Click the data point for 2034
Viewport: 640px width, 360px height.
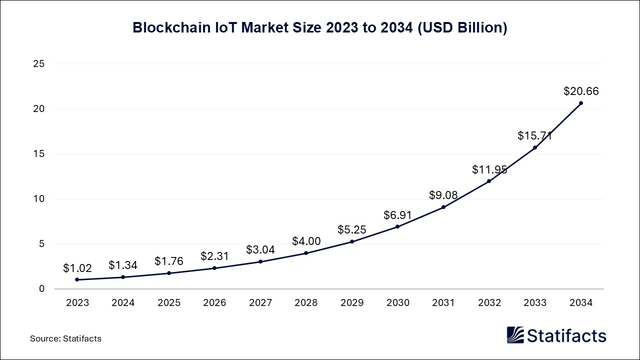pyautogui.click(x=580, y=103)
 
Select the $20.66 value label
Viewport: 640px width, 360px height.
pyautogui.click(x=580, y=91)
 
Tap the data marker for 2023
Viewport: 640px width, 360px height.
pyautogui.click(x=77, y=279)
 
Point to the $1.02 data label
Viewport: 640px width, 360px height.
pyautogui.click(x=77, y=268)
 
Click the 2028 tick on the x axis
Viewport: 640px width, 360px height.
pyautogui.click(x=306, y=302)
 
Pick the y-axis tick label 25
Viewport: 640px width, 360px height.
pyautogui.click(x=39, y=64)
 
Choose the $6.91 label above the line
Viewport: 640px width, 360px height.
pyautogui.click(x=397, y=215)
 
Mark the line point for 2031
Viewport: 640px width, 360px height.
pyautogui.click(x=443, y=207)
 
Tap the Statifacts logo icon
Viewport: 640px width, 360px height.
pyautogui.click(x=515, y=335)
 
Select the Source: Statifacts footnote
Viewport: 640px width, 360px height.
pyautogui.click(x=65, y=338)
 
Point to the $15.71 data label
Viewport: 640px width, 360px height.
pyautogui.click(x=535, y=136)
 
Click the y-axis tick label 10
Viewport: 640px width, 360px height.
pyautogui.click(x=39, y=199)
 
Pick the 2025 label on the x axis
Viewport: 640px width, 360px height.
pyautogui.click(x=168, y=302)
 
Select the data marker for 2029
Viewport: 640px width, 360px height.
pyautogui.click(x=352, y=241)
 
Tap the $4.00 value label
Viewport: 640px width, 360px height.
pyautogui.click(x=306, y=241)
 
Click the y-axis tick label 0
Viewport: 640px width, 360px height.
pyautogui.click(x=42, y=289)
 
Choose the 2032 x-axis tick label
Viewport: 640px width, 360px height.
pyautogui.click(x=489, y=302)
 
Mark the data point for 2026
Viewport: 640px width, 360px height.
pyautogui.click(x=214, y=268)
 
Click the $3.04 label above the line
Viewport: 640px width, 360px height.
pyautogui.click(x=260, y=250)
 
